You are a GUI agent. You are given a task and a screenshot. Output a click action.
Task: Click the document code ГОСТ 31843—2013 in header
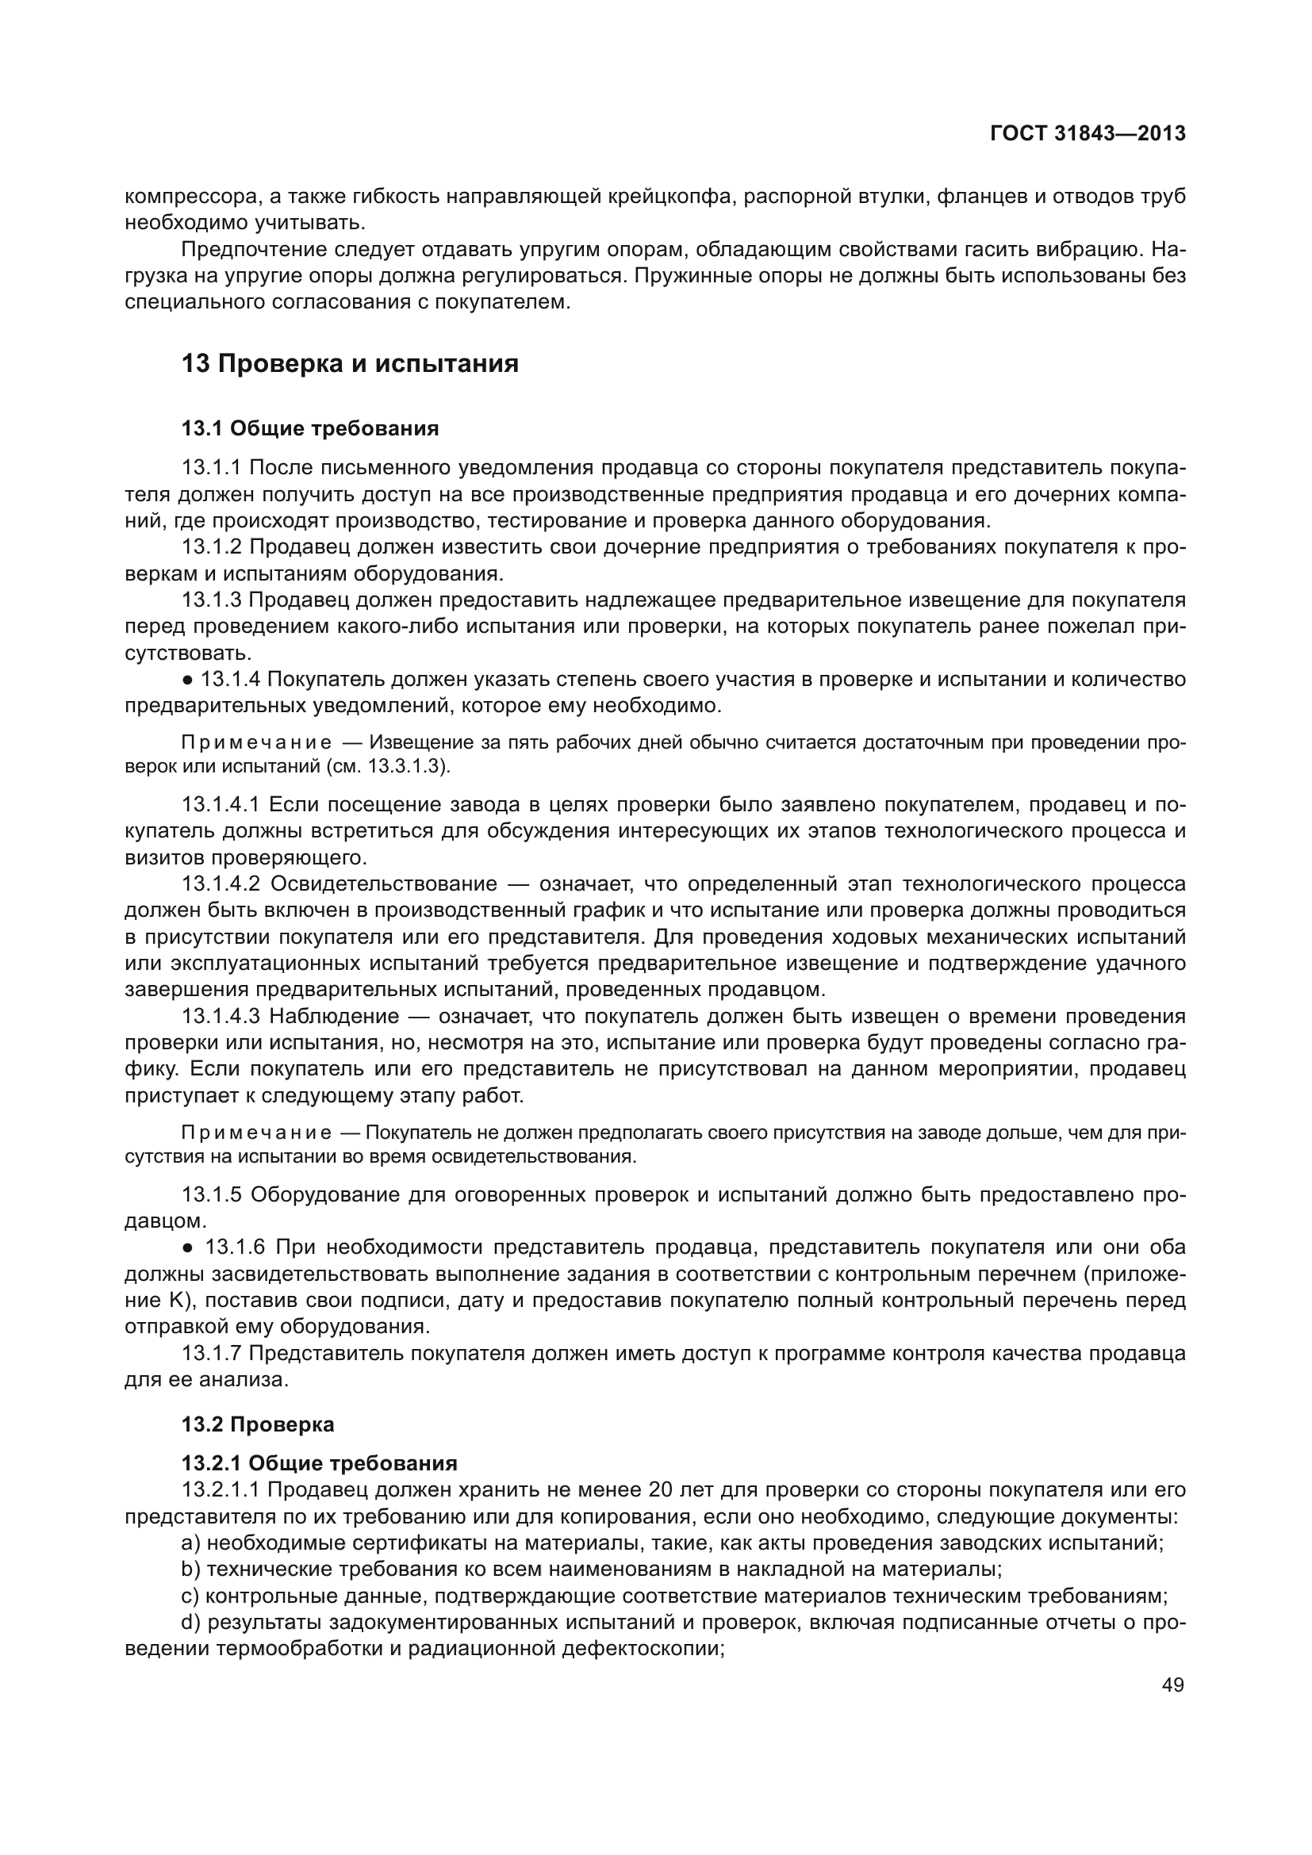tap(1088, 133)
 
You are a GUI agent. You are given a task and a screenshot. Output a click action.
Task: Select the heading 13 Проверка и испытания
tap(349, 363)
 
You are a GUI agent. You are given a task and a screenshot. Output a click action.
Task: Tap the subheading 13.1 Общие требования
tap(309, 428)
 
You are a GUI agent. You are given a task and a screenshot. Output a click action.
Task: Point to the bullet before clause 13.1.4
tap(187, 680)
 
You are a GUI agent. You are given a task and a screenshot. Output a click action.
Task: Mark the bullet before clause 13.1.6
tap(187, 1248)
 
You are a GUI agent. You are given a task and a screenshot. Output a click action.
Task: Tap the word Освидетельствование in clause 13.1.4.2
tap(383, 883)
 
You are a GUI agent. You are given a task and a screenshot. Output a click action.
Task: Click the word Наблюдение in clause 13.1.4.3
tap(335, 1017)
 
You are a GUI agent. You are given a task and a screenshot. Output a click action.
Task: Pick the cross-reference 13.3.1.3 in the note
tap(406, 767)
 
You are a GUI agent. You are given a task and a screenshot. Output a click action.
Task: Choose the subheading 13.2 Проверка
tap(258, 1424)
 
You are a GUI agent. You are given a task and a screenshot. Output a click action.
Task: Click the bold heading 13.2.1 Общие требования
tap(319, 1463)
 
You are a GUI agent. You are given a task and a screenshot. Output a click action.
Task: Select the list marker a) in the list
tap(190, 1543)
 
